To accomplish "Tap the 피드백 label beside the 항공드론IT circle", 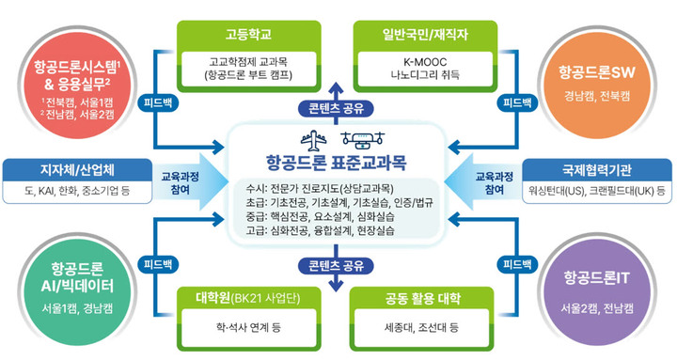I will coord(519,264).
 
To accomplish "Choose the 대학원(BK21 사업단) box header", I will coord(240,303).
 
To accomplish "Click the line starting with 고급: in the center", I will coord(316,229).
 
